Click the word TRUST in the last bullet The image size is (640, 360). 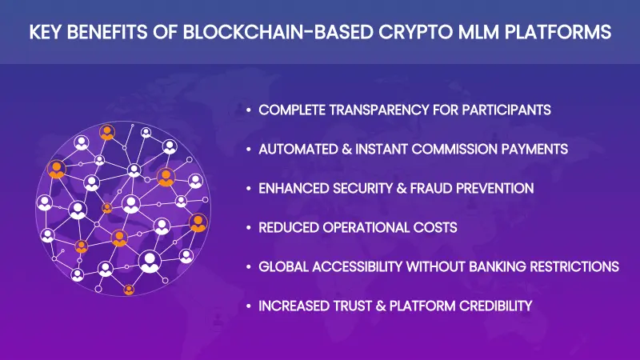pos(358,306)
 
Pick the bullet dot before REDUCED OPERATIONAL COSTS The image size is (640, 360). pos(250,228)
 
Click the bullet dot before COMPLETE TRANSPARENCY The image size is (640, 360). pos(250,110)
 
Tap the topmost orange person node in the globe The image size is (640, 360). pos(106,133)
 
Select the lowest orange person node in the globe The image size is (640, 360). pos(129,290)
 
